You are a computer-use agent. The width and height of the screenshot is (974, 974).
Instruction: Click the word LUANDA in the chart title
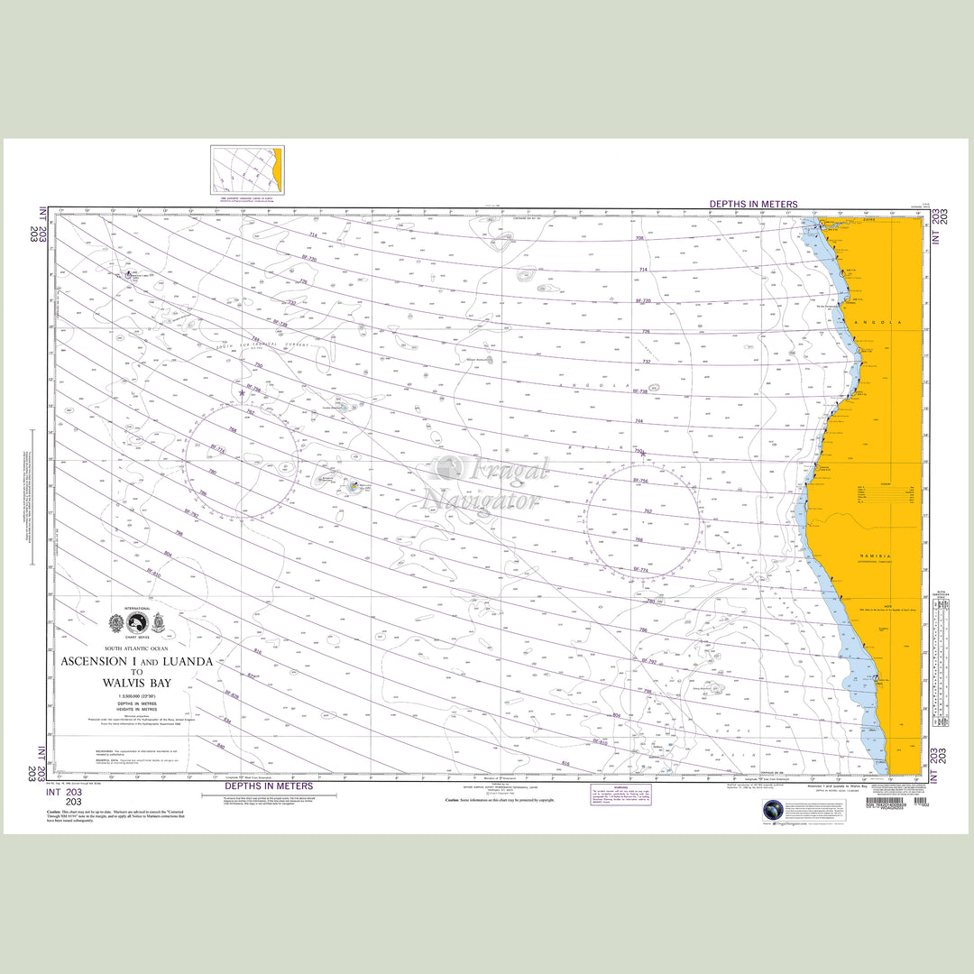tap(183, 661)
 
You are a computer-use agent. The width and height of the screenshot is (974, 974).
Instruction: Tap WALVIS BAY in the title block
tap(138, 682)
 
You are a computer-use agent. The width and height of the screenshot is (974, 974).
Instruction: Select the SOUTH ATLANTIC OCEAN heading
tap(137, 648)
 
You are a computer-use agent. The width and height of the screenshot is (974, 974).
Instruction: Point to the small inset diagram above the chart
tap(246, 169)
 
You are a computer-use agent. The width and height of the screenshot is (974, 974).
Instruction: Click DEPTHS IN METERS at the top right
tap(753, 205)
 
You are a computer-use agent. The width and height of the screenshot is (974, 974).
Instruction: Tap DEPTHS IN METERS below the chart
tap(269, 786)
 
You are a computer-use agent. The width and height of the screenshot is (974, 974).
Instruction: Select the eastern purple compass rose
tap(642, 521)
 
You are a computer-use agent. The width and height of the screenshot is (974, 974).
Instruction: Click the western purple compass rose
tap(242, 462)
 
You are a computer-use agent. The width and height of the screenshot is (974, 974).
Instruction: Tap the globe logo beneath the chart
tap(773, 810)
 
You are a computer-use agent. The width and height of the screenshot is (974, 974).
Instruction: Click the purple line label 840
tap(220, 747)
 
